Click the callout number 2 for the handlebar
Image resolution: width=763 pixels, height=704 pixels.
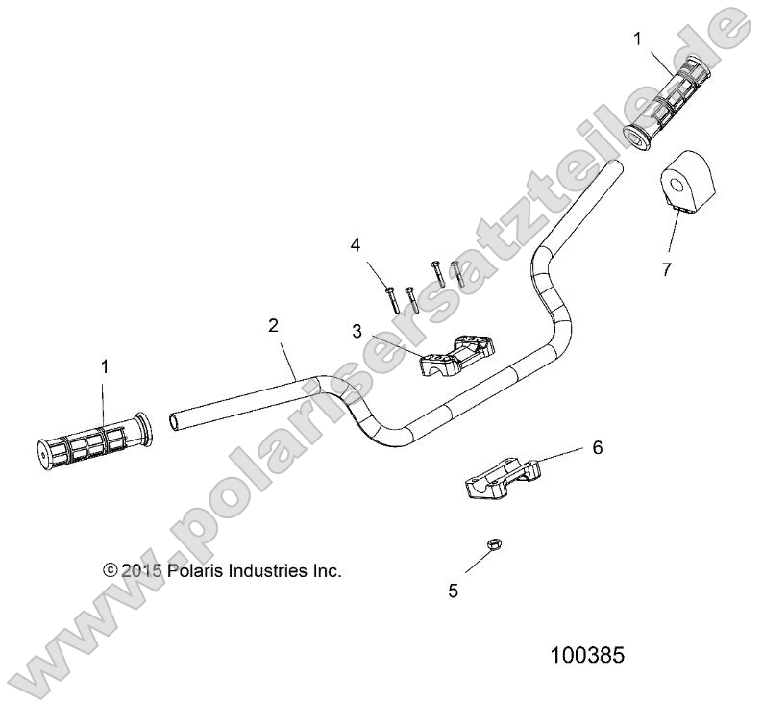point(274,326)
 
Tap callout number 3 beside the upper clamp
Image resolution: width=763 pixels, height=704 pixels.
point(357,331)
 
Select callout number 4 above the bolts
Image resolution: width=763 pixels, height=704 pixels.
point(356,245)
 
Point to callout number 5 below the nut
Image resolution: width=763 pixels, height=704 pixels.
point(454,591)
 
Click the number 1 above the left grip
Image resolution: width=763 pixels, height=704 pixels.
point(105,365)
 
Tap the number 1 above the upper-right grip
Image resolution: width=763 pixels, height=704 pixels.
point(636,38)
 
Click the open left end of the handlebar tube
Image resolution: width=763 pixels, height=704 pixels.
point(175,420)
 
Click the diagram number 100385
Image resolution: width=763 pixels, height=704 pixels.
point(587,656)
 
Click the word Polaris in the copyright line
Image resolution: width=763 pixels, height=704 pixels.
point(194,570)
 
